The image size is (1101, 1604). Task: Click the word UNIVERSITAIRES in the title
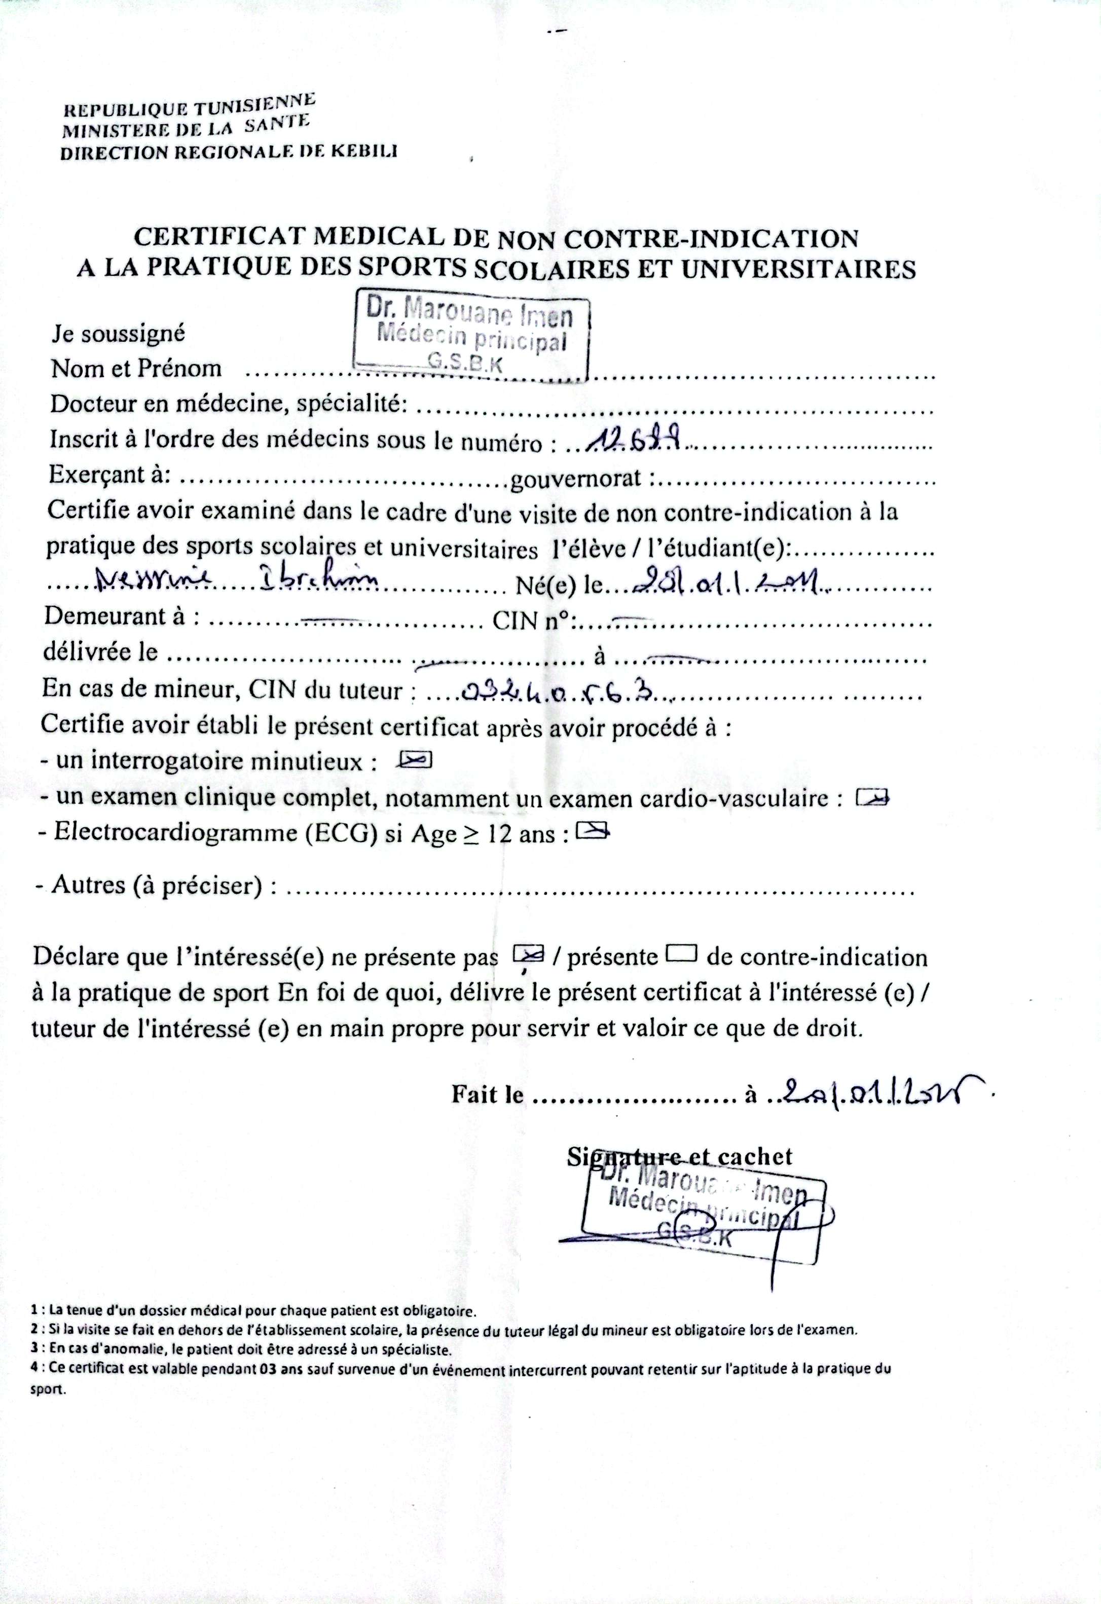pos(798,268)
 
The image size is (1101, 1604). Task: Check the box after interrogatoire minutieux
pos(414,760)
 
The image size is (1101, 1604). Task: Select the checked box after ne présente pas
pos(529,954)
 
